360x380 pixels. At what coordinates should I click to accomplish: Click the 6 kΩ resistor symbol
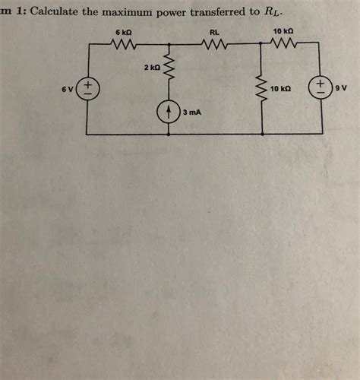tap(124, 45)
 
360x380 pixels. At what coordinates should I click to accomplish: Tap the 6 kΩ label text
tap(123, 33)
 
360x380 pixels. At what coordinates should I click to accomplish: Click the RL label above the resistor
tap(214, 33)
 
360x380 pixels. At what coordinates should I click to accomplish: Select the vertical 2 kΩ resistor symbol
tap(169, 71)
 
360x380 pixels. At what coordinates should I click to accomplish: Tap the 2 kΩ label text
tap(150, 68)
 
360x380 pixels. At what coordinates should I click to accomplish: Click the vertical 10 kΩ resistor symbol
tap(263, 89)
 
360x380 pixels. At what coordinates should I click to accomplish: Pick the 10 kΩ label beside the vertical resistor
tap(281, 89)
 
